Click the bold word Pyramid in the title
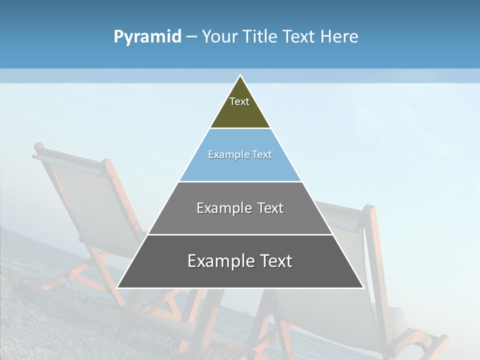tap(147, 37)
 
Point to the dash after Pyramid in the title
tap(191, 37)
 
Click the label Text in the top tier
tap(239, 101)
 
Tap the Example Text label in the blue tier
tap(240, 154)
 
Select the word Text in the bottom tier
tap(275, 261)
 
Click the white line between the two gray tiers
tap(240, 234)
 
